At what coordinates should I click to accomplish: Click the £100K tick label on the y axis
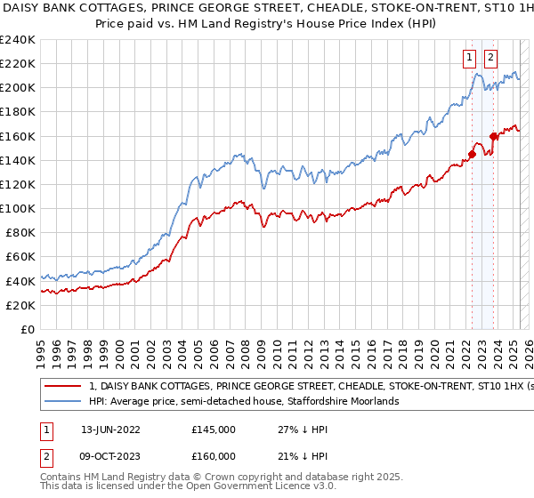tap(18, 208)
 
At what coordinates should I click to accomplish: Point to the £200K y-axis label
tap(18, 88)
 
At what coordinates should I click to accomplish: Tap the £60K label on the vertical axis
tap(20, 256)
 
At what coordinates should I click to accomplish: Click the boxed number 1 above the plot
tap(469, 59)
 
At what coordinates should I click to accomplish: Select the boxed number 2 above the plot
tap(490, 59)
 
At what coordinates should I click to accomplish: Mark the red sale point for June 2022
tap(473, 155)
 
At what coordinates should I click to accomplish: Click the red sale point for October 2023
tap(493, 136)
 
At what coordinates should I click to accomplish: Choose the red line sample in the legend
tap(62, 387)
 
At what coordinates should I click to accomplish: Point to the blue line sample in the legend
tap(62, 402)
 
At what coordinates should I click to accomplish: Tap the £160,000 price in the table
tap(214, 455)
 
